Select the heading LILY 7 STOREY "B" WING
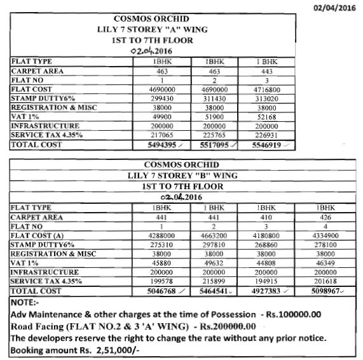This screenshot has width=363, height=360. click(182, 175)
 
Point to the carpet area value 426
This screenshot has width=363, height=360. click(325, 217)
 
